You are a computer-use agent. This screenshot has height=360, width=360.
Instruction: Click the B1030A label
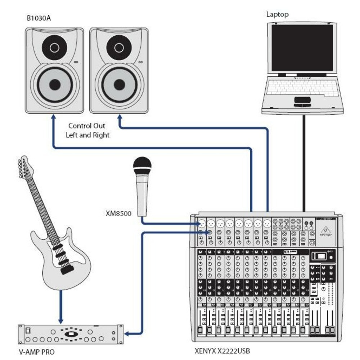39,18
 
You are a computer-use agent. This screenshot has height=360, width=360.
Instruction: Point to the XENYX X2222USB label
222,351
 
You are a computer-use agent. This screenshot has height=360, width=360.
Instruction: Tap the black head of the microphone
142,166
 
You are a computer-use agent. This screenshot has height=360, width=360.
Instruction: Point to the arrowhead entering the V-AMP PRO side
127,334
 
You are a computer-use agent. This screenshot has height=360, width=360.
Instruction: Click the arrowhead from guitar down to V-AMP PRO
62,320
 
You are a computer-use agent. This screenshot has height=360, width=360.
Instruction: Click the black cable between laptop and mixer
304,162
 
